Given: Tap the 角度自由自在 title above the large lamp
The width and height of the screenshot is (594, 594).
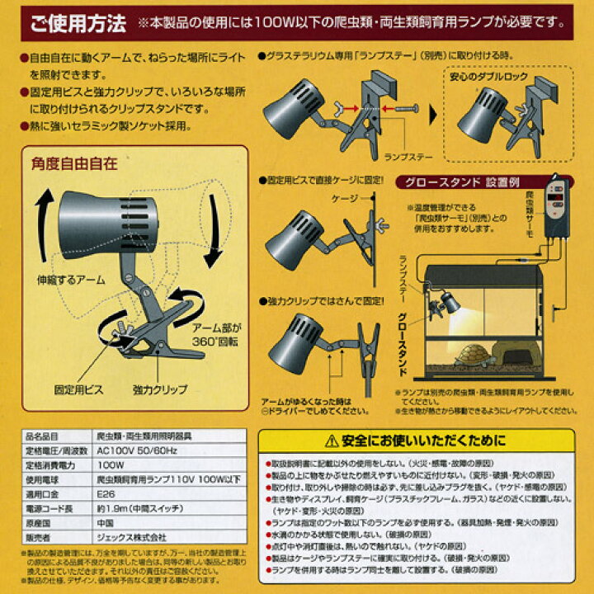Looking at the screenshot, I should pyautogui.click(x=73, y=164).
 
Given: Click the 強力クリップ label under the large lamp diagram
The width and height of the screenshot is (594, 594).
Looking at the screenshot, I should pyautogui.click(x=159, y=389).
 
